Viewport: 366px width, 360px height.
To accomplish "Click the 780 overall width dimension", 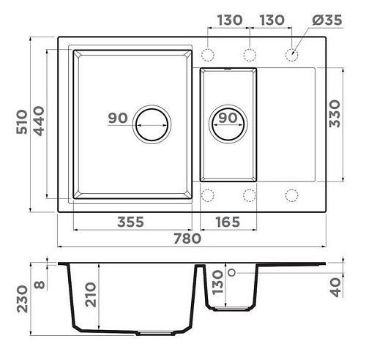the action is pyautogui.click(x=187, y=239).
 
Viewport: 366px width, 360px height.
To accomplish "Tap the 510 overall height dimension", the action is pyautogui.click(x=22, y=122).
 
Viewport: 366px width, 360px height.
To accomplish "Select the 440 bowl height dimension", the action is pyautogui.click(x=39, y=121).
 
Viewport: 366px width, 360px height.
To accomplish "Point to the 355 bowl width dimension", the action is pyautogui.click(x=130, y=222).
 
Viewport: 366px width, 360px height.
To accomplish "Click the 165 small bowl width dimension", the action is pyautogui.click(x=228, y=222).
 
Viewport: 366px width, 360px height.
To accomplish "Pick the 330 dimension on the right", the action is pyautogui.click(x=335, y=113).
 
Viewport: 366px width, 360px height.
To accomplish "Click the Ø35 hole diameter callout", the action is pyautogui.click(x=327, y=20).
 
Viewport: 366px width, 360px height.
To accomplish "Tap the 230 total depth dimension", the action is pyautogui.click(x=22, y=299).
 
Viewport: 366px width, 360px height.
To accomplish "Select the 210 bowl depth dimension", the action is pyautogui.click(x=91, y=294).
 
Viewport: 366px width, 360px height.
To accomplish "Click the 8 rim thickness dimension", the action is pyautogui.click(x=40, y=285).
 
